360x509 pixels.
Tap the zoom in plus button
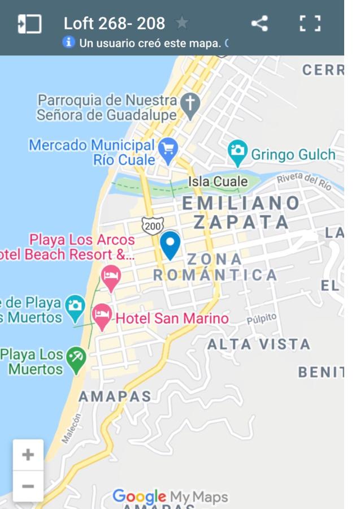pyautogui.click(x=28, y=455)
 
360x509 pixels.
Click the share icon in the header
pyautogui.click(x=259, y=24)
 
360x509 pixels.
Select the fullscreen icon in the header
pyautogui.click(x=310, y=24)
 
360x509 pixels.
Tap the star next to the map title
pyautogui.click(x=182, y=23)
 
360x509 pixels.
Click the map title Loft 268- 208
pyautogui.click(x=114, y=23)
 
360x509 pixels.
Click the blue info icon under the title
pyautogui.click(x=69, y=42)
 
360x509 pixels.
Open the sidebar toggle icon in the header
pyautogui.click(x=29, y=24)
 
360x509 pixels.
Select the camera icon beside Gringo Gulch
pyautogui.click(x=238, y=150)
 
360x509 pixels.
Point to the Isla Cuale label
pyautogui.click(x=218, y=182)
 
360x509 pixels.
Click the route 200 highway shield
pyautogui.click(x=153, y=226)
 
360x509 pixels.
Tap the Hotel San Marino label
pyautogui.click(x=172, y=318)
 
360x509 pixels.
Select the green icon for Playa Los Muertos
pyautogui.click(x=75, y=358)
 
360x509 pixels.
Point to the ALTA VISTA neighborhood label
pyautogui.click(x=259, y=344)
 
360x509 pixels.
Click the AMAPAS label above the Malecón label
pyautogui.click(x=115, y=396)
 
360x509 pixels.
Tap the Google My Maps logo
pyautogui.click(x=170, y=497)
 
